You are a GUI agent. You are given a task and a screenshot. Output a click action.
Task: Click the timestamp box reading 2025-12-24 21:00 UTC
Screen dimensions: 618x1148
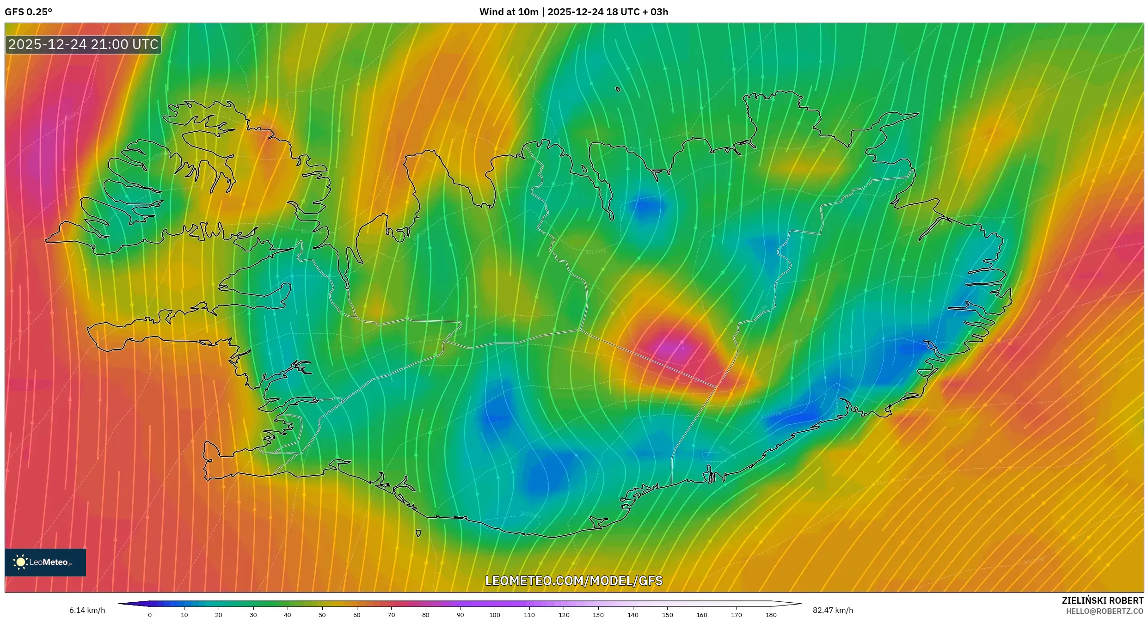83,45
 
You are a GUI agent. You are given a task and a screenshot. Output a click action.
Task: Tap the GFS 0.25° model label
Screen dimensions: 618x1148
28,12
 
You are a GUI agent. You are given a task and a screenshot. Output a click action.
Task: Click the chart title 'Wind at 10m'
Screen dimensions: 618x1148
509,12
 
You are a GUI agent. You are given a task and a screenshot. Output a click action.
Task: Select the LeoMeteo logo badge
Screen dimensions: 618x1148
45,562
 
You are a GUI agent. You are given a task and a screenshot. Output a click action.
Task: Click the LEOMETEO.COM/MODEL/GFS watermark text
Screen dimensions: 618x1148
574,581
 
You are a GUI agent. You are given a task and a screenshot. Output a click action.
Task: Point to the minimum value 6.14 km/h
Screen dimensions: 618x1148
87,610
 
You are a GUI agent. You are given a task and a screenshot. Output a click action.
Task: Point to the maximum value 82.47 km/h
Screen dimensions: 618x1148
833,610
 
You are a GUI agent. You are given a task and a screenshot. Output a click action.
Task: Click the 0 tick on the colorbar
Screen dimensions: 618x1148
150,615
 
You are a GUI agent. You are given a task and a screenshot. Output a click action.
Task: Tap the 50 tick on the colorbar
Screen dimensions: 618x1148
322,615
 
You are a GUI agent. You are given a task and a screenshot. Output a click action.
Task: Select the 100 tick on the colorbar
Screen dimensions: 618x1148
495,615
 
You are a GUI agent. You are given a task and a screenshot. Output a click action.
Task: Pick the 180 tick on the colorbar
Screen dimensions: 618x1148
771,615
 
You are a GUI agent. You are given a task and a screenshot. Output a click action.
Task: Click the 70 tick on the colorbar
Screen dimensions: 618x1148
391,615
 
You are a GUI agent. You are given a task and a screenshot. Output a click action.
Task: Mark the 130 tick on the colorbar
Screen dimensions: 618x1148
598,615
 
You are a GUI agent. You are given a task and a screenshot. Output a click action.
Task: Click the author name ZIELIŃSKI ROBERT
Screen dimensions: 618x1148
1102,600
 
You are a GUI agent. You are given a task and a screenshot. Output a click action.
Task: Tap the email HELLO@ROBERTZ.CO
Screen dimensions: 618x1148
1105,611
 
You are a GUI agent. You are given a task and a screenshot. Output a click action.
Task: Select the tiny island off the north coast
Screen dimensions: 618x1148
618,89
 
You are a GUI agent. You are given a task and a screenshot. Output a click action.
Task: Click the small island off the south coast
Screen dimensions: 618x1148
418,533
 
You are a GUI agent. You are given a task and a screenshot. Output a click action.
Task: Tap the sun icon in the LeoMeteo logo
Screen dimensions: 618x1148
21,562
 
